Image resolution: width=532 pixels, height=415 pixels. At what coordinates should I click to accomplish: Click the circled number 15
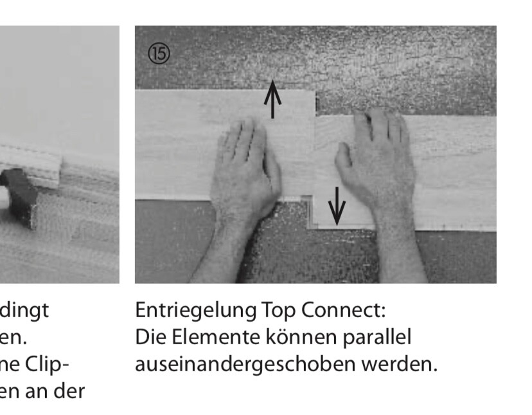(x=159, y=54)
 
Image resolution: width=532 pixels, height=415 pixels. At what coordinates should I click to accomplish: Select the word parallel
(x=380, y=337)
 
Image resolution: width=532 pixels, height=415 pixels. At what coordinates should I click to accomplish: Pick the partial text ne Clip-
(x=35, y=364)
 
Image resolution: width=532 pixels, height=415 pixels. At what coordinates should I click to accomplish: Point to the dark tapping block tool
(x=19, y=193)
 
